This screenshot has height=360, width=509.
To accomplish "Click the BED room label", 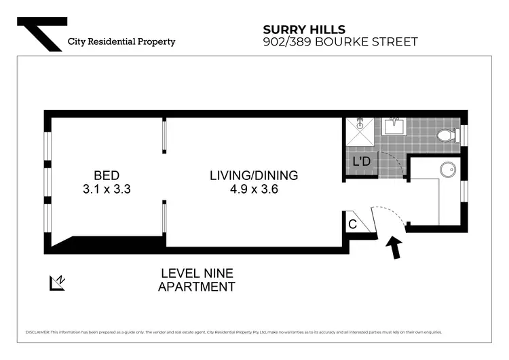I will pyautogui.click(x=107, y=175).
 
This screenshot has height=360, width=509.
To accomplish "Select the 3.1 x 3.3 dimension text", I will pyautogui.click(x=107, y=190).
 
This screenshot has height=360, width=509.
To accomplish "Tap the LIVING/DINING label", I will pyautogui.click(x=253, y=175).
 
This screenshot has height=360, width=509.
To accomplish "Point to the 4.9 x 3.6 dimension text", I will pyautogui.click(x=253, y=190).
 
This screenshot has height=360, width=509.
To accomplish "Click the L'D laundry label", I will pyautogui.click(x=361, y=162).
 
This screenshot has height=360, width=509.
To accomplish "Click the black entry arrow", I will pyautogui.click(x=393, y=247).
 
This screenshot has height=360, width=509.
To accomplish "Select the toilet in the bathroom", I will pyautogui.click(x=447, y=135).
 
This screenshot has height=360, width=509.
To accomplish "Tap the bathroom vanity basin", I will pyautogui.click(x=394, y=126).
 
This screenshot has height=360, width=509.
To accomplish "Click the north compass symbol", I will pyautogui.click(x=57, y=282).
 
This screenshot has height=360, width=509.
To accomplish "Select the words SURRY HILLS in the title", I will pyautogui.click(x=304, y=29).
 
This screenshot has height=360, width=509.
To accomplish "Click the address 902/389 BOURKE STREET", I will pyautogui.click(x=340, y=42).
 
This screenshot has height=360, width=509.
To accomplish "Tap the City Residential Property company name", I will pyautogui.click(x=121, y=41).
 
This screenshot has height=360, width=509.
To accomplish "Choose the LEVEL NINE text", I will pyautogui.click(x=197, y=273).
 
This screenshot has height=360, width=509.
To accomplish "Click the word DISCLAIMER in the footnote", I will pyautogui.click(x=37, y=332).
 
